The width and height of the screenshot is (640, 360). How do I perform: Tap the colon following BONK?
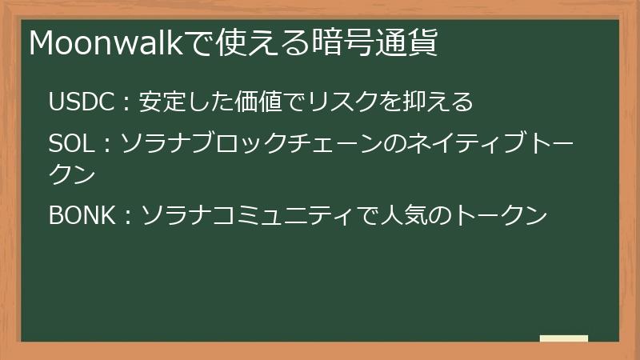129,216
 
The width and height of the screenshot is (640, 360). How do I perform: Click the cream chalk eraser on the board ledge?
564,338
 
